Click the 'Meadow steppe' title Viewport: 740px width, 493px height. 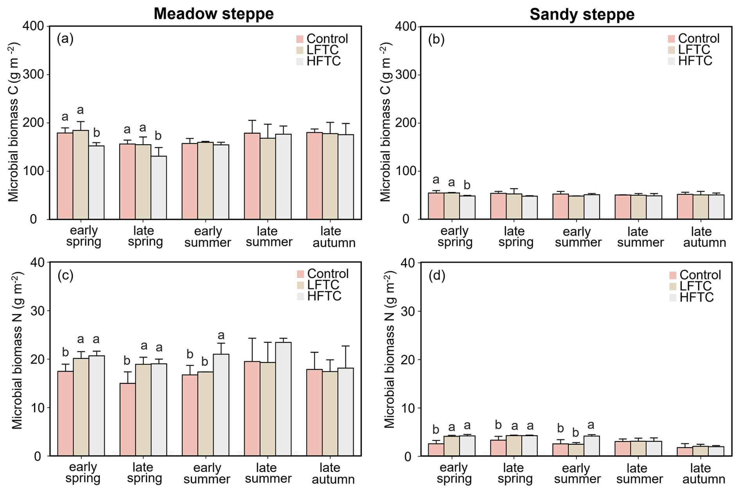point(214,14)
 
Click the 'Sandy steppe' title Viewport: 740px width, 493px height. point(582,14)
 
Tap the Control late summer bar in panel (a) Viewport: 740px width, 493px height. point(252,176)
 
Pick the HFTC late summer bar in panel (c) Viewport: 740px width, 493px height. point(283,399)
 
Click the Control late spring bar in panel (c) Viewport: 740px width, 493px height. point(128,419)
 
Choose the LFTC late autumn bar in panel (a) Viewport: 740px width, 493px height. point(330,176)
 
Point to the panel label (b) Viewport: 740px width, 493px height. point(436,39)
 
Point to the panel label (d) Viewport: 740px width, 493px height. point(437,276)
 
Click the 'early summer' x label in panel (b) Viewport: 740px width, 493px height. point(578,237)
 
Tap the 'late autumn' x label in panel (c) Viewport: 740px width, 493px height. point(333,473)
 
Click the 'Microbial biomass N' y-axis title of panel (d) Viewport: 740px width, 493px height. point(390,350)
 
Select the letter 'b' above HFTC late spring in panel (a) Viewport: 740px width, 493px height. point(158,136)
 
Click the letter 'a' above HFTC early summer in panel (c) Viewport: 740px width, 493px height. point(221,335)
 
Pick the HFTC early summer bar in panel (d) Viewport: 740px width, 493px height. point(591,446)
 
